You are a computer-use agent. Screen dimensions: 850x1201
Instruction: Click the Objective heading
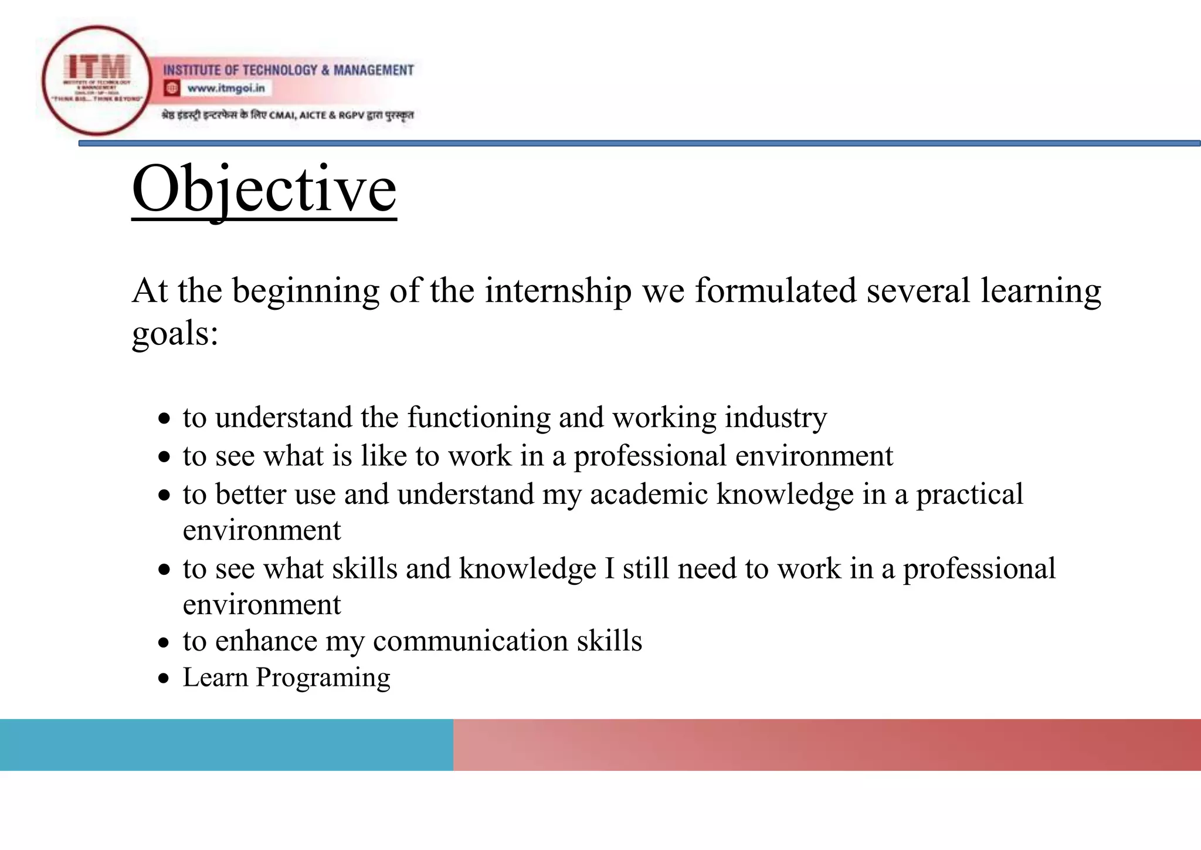coord(264,189)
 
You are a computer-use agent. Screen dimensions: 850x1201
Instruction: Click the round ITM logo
coord(97,80)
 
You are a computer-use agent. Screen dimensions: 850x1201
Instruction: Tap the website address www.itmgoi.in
coord(226,89)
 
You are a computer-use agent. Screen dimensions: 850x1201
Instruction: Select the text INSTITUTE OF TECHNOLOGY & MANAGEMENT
coord(288,70)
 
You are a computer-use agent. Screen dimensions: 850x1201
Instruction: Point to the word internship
coord(558,291)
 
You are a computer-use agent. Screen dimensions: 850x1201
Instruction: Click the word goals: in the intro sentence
coord(175,334)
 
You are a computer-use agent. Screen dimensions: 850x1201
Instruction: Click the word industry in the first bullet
coord(775,418)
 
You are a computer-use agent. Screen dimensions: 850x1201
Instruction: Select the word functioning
coord(478,418)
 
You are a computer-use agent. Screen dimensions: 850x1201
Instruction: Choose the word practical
coord(969,494)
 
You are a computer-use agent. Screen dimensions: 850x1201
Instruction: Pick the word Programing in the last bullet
coord(323,678)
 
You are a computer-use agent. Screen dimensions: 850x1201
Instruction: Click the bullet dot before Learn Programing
coord(165,679)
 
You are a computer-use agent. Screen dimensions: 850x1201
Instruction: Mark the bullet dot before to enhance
coord(165,643)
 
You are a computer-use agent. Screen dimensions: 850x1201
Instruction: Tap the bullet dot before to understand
coord(165,419)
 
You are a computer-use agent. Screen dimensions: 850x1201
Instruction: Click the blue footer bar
coord(226,744)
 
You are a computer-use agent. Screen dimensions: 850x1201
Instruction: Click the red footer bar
coord(827,744)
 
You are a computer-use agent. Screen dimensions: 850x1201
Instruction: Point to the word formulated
coord(775,291)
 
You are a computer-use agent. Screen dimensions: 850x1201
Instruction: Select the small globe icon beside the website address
coord(172,89)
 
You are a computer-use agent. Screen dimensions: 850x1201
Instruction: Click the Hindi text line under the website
coord(287,115)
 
